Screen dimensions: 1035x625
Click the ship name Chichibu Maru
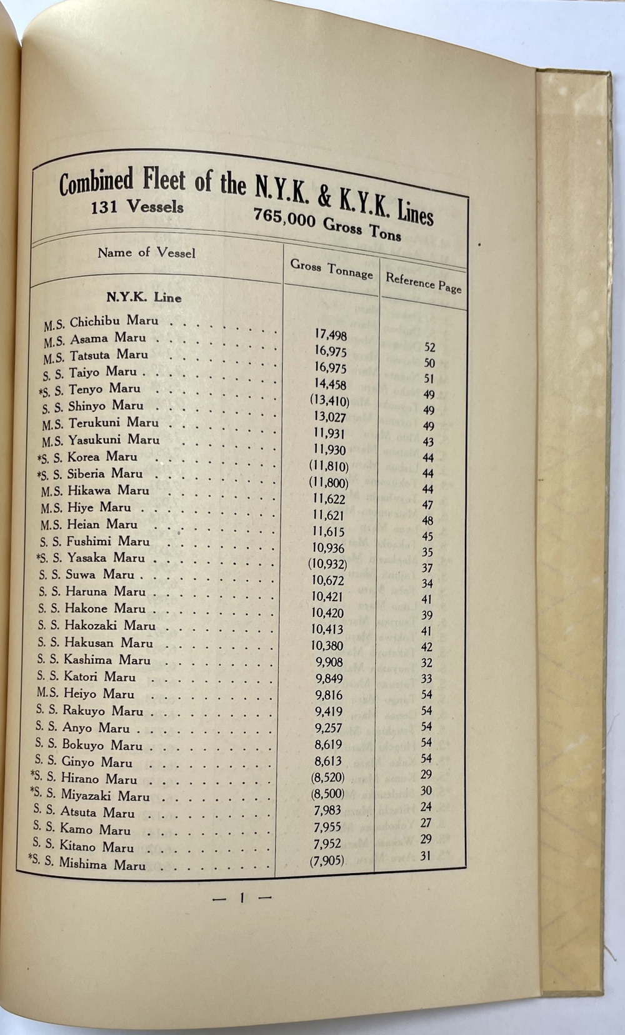pos(114,321)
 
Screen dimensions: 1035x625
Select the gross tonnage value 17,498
pos(331,335)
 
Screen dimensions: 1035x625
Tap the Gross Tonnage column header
pos(331,269)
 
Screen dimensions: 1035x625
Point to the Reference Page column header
pos(423,282)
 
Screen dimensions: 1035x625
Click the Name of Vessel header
pos(146,252)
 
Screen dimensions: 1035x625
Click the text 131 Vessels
pos(137,207)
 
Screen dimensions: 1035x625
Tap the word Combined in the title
pos(96,182)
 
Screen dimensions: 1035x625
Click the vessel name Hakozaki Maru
pos(110,626)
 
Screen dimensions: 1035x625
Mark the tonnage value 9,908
pos(329,662)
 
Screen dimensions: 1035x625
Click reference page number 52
pos(429,347)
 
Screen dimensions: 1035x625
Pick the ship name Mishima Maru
pos(103,865)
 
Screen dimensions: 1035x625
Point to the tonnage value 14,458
pos(331,384)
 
